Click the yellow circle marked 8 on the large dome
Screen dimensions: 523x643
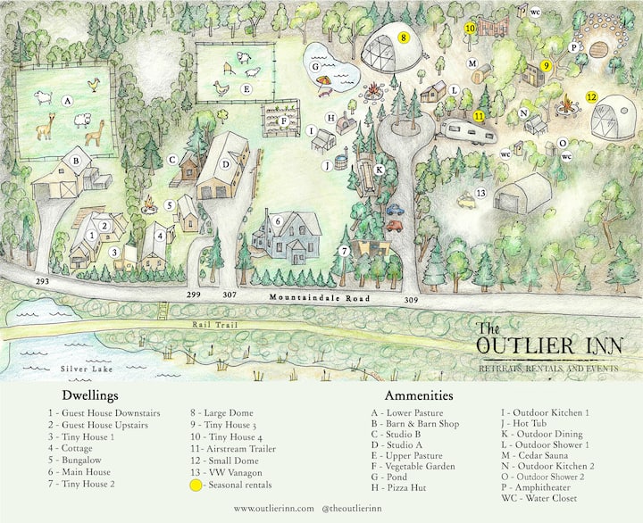404,38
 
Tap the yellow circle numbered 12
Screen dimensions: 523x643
591,96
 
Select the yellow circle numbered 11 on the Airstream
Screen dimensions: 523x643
479,116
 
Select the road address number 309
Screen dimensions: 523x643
412,300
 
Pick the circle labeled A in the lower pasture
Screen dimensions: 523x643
67,101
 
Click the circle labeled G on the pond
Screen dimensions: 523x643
315,67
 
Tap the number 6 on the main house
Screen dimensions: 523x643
278,220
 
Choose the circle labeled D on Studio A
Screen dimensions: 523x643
226,164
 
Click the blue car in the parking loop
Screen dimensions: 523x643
395,211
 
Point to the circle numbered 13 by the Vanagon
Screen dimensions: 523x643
480,193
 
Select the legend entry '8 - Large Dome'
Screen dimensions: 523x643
222,413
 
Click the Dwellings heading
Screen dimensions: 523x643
90,395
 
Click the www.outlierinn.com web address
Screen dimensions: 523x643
274,508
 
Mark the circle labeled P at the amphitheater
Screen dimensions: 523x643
575,47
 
